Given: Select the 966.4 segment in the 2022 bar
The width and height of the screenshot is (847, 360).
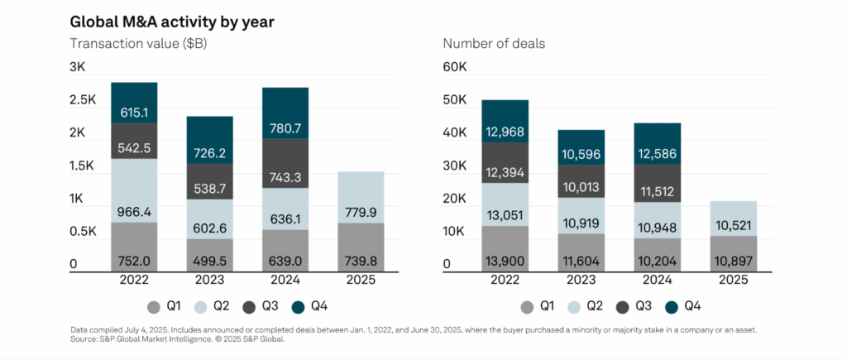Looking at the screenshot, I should (134, 190).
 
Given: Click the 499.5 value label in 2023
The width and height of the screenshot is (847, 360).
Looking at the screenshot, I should (209, 261).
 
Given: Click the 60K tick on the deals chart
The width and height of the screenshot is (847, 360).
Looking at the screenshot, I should (457, 67).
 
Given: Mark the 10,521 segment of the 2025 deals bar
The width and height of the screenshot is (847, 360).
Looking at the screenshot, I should (732, 226).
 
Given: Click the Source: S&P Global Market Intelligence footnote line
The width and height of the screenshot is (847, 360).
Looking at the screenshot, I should (174, 338).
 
